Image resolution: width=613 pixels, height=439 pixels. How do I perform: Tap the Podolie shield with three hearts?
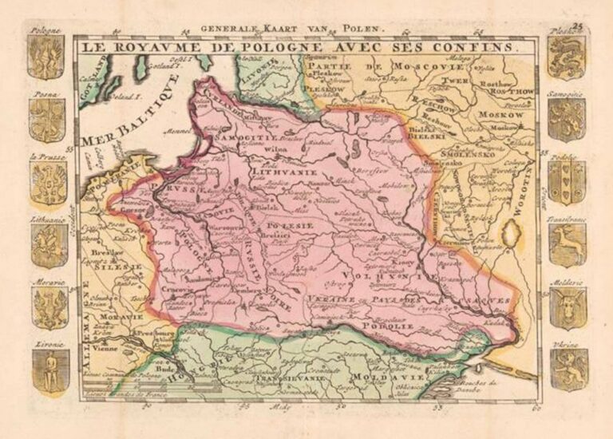click(x=568, y=182)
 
